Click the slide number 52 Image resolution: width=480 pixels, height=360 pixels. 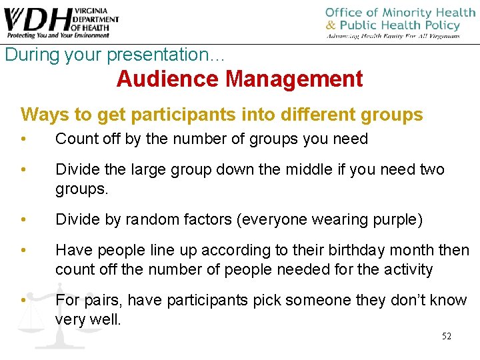(x=446, y=336)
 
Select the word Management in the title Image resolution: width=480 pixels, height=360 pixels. (x=294, y=79)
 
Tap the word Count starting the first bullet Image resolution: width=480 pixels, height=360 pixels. (x=75, y=139)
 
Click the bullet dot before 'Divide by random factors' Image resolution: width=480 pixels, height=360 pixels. (x=24, y=219)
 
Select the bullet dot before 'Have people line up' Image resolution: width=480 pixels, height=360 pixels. (x=24, y=250)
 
